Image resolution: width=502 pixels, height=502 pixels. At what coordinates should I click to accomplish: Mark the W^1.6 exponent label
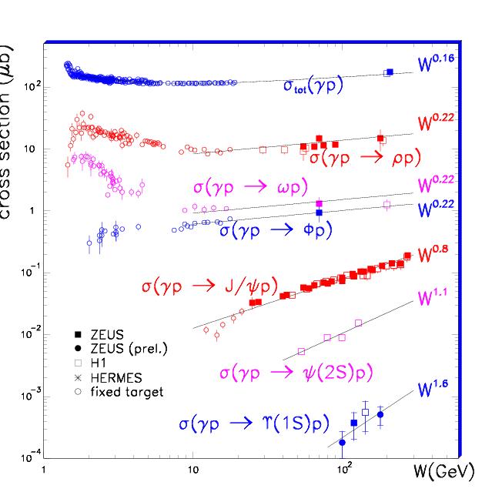[433, 390]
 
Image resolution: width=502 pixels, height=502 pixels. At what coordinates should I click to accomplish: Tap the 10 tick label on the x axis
[192, 469]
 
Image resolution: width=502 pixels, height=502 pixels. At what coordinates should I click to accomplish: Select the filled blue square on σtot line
[390, 72]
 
